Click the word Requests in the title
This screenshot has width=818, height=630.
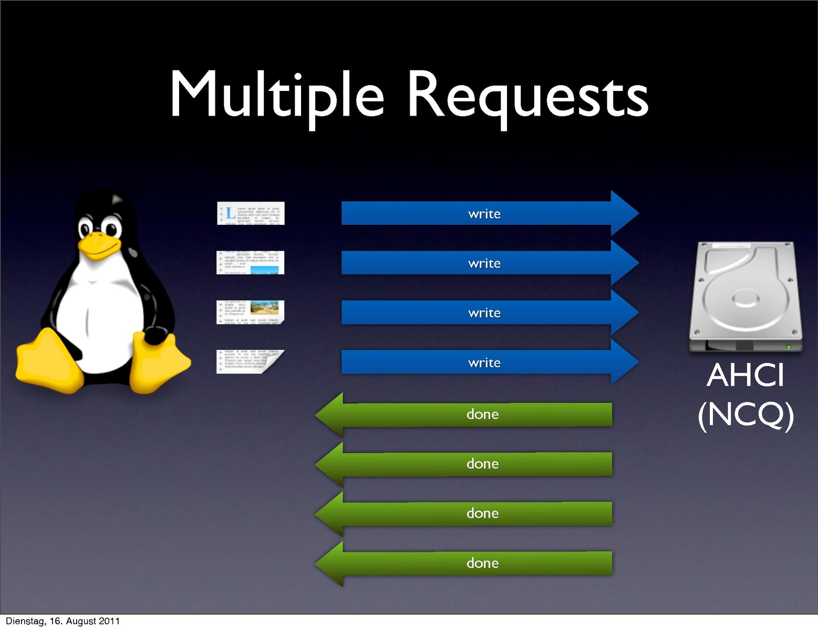(x=527, y=98)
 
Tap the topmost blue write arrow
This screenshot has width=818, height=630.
(x=484, y=214)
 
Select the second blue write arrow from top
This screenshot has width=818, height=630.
(x=484, y=263)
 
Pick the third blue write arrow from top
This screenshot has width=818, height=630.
(x=484, y=313)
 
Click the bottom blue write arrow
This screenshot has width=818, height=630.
(x=484, y=363)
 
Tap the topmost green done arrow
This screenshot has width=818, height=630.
(x=473, y=415)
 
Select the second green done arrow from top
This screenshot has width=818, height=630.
(x=473, y=464)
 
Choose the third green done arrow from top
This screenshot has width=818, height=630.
(x=473, y=513)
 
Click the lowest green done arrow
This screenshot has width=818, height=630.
(x=473, y=563)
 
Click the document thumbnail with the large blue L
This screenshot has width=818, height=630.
(x=251, y=213)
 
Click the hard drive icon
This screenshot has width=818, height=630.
(x=745, y=297)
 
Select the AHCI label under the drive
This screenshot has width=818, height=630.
(x=745, y=375)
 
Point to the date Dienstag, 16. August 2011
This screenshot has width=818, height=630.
(x=63, y=621)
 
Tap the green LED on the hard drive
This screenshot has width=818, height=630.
(x=788, y=347)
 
